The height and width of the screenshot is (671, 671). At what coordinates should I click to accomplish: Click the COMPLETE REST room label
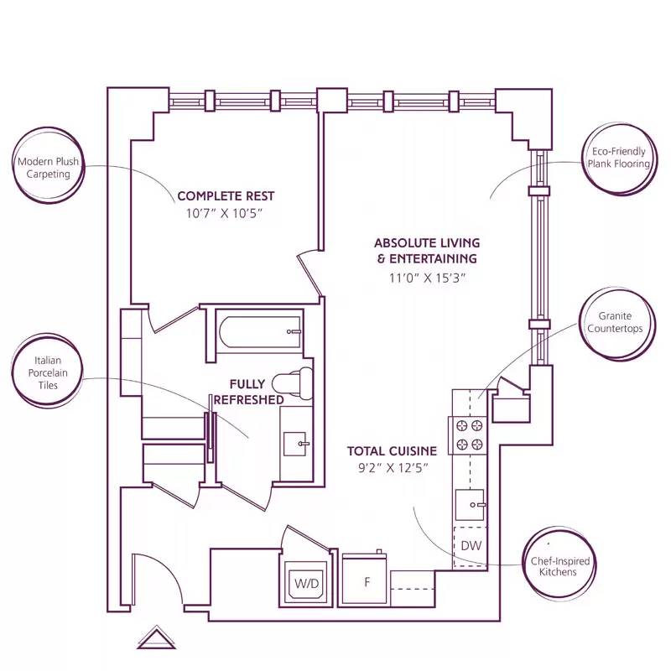226,196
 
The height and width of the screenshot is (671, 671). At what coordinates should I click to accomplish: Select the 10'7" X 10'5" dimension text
225,214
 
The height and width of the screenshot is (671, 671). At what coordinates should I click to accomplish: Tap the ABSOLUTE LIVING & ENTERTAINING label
426,251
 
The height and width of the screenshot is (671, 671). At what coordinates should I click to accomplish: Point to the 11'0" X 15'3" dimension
426,278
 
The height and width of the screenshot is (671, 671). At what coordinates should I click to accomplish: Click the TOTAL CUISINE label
392,450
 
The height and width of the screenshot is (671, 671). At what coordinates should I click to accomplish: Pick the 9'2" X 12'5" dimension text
392,469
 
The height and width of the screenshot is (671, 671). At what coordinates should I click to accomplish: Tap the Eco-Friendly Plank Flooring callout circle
618,158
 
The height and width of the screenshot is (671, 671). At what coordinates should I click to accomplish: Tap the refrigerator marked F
365,580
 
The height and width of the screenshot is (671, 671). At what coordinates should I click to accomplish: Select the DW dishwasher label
470,547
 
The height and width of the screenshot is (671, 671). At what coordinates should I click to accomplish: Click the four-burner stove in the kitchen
469,434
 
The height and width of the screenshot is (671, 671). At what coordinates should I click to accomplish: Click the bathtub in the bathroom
259,332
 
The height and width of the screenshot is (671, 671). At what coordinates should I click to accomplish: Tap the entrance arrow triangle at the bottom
154,638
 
